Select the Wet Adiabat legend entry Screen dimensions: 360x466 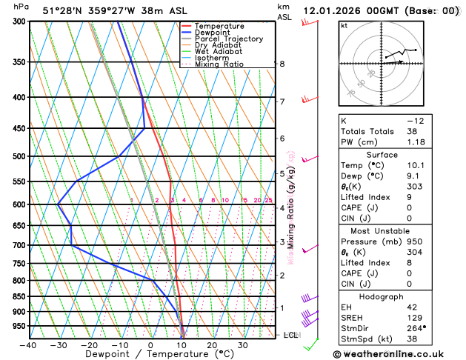[218, 51]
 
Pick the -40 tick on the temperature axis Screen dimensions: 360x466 [28, 344]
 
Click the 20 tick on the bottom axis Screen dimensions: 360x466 [212, 344]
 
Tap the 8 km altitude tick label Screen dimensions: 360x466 [282, 64]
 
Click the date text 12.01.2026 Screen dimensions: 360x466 [337, 11]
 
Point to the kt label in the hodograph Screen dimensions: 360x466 [344, 26]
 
